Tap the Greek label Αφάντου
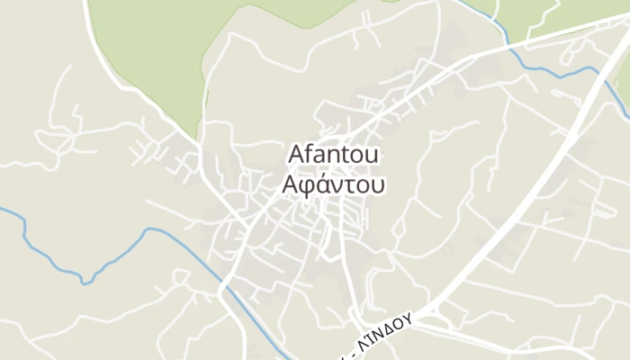pos(333,184)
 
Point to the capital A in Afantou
pos(295,155)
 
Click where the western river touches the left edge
pos(2,210)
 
